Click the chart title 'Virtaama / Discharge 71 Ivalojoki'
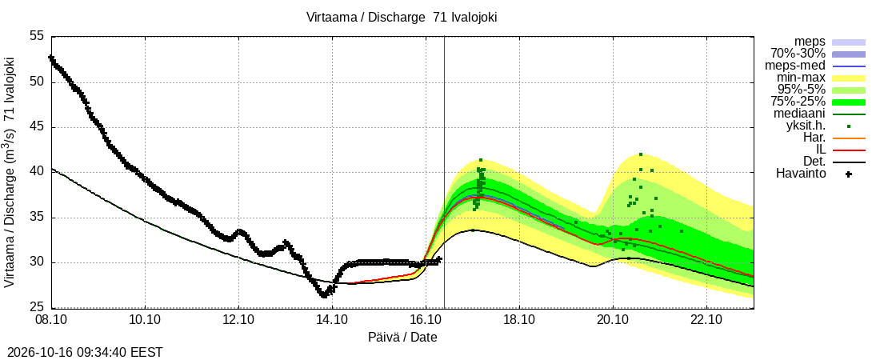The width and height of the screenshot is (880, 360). pyautogui.click(x=402, y=18)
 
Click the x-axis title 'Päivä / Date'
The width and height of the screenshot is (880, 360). pyautogui.click(x=402, y=338)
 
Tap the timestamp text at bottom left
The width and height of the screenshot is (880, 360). pyautogui.click(x=82, y=353)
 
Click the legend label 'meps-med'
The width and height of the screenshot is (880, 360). pyautogui.click(x=794, y=66)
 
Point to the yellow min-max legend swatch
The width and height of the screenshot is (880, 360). pyautogui.click(x=849, y=78)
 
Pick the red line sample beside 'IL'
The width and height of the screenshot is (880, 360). pyautogui.click(x=849, y=150)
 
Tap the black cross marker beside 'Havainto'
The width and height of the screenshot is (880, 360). pyautogui.click(x=849, y=174)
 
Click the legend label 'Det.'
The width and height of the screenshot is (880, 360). pyautogui.click(x=814, y=162)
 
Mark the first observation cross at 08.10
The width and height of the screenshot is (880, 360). pyautogui.click(x=51, y=58)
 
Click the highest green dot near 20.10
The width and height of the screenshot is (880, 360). pyautogui.click(x=641, y=154)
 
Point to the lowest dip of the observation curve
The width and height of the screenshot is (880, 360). pyautogui.click(x=324, y=295)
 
